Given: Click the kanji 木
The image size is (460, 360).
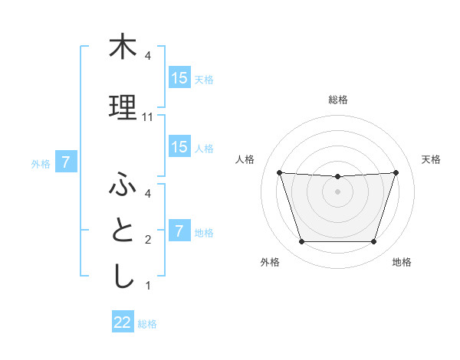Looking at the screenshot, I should pos(123,47).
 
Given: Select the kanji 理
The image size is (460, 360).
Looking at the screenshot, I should pos(123,108).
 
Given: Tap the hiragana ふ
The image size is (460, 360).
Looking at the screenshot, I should pos(123,185).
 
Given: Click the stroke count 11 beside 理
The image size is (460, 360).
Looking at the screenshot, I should pos(148,117).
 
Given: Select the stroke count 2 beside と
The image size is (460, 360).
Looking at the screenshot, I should pos(148,240).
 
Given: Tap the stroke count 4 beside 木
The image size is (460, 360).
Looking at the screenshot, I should pos(148,56).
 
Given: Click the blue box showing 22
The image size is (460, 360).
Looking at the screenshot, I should pos(123,322).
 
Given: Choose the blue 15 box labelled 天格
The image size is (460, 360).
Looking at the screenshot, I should pos(179,78).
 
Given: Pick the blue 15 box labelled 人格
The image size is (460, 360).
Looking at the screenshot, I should pos(179,147).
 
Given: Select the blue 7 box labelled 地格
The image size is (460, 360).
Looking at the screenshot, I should pos(179,231).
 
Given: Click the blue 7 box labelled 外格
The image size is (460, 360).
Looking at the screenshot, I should pos(66,162).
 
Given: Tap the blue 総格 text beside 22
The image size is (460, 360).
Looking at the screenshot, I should pos(147,324).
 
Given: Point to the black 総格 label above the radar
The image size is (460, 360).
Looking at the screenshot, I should pos(337,100).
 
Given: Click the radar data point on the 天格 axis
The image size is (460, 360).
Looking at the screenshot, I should pos(396,172).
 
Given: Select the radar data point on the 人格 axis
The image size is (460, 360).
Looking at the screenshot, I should pos(279,172).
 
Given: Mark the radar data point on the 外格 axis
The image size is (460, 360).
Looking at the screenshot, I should pos(301,242).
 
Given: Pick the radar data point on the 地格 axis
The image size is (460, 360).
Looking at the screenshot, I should pos(373,242).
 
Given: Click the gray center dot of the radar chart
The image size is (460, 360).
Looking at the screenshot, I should pos(337,191).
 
